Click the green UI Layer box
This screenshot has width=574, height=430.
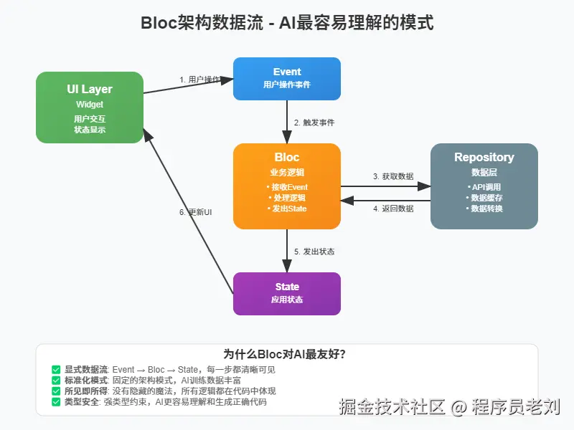90,107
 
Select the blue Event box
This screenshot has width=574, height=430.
287,78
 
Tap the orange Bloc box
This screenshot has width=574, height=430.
287,186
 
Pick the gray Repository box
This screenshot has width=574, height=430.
484,186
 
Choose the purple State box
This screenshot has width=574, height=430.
287,293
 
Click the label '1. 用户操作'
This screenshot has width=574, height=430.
199,80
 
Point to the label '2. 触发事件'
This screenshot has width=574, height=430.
314,123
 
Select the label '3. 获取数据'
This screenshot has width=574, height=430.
393,176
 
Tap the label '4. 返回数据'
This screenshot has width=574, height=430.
393,209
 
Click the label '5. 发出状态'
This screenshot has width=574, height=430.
314,252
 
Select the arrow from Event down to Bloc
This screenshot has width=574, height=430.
287,122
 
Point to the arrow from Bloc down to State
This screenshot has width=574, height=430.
287,251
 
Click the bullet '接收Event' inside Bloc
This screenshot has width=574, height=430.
287,187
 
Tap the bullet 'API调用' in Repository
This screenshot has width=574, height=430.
484,187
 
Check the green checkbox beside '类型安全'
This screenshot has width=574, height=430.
56,402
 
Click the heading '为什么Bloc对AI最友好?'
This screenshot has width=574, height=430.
287,354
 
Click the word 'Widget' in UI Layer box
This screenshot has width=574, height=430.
90,105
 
